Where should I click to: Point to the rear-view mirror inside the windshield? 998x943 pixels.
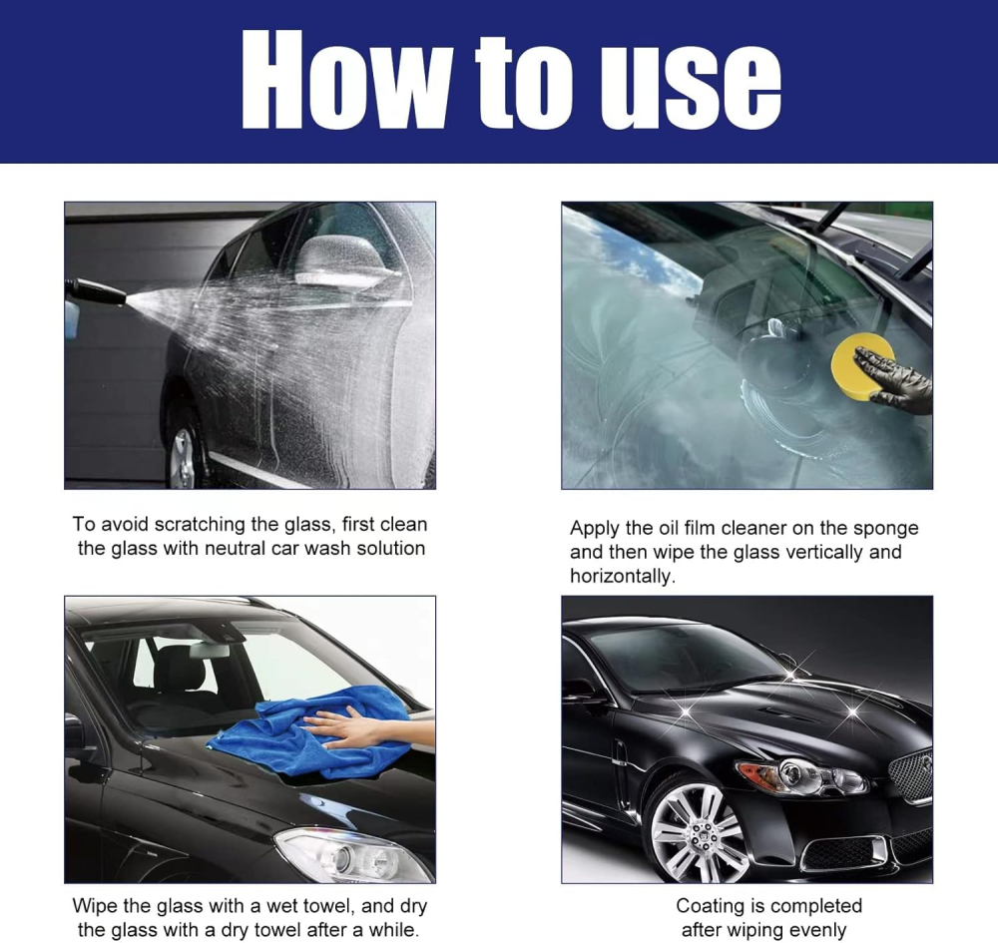[x=209, y=649]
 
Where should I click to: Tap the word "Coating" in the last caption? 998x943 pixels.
[x=711, y=906]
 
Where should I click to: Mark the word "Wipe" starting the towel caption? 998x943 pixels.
[x=95, y=906]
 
